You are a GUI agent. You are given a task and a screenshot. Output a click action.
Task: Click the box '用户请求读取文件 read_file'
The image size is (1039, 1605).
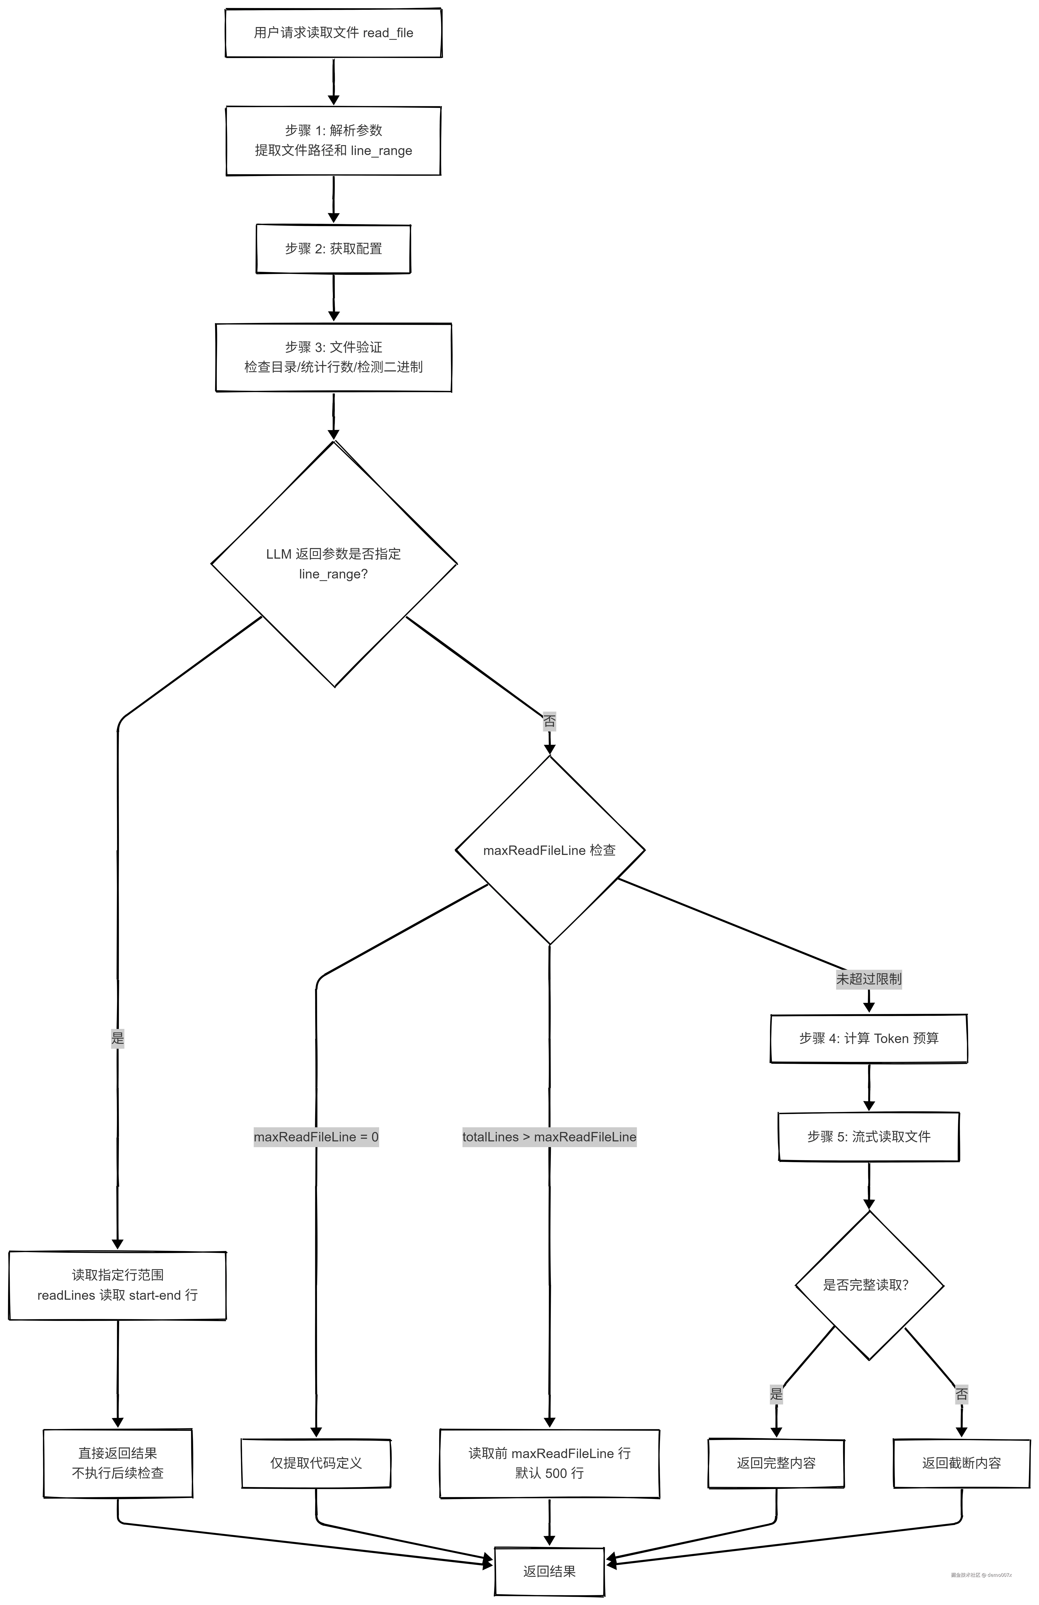pyautogui.click(x=333, y=32)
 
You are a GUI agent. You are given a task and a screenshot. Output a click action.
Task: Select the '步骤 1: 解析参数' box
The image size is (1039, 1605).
pyautogui.click(x=333, y=140)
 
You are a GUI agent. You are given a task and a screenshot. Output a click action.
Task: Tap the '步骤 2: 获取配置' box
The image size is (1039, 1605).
pyautogui.click(x=333, y=249)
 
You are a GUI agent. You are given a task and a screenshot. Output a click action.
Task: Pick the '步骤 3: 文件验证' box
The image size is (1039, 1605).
pyautogui.click(x=333, y=357)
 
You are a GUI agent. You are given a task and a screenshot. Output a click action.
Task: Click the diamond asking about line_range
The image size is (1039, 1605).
pyautogui.click(x=333, y=564)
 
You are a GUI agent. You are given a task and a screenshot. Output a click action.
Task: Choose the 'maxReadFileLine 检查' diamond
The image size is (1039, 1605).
pyautogui.click(x=549, y=850)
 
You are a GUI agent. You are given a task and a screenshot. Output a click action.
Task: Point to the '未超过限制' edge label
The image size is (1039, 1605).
pyautogui.click(x=868, y=979)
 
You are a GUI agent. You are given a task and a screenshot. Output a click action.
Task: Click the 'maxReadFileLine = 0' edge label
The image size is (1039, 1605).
pyautogui.click(x=316, y=1137)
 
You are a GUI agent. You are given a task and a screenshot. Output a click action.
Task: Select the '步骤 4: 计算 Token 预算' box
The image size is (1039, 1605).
pyautogui.click(x=868, y=1039)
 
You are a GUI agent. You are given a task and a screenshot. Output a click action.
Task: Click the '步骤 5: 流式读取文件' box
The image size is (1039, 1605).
pyautogui.click(x=868, y=1137)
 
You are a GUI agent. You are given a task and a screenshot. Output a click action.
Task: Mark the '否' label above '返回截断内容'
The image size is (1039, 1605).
pyautogui.click(x=961, y=1394)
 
